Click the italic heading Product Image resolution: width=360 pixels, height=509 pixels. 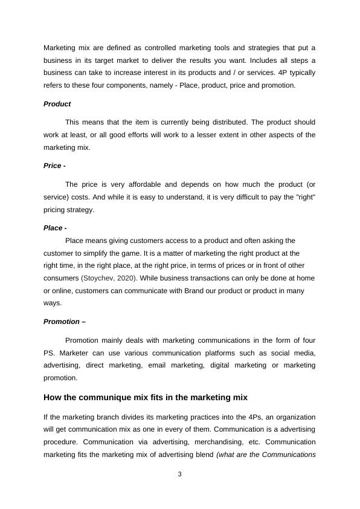57,104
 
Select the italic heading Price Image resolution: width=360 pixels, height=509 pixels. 53,166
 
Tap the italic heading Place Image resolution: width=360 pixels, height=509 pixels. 53,228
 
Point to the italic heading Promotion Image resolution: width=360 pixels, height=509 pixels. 62,322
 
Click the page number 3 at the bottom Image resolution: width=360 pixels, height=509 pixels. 179,474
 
